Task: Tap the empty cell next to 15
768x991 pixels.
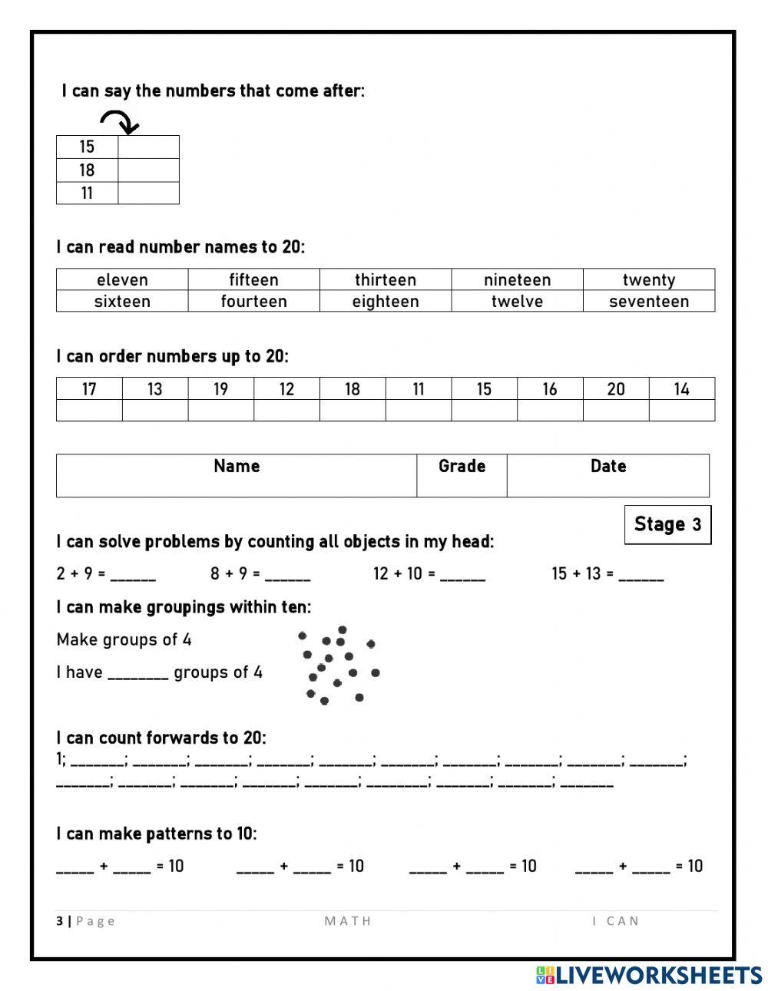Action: point(148,147)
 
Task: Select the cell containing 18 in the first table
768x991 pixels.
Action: point(87,170)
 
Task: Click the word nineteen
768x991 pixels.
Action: point(517,279)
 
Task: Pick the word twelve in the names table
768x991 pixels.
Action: point(517,301)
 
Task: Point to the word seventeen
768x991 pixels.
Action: point(649,301)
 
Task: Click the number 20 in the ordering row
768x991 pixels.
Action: point(616,389)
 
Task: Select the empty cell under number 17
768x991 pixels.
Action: point(89,410)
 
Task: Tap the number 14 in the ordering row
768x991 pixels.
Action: point(681,389)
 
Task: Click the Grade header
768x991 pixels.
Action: point(462,466)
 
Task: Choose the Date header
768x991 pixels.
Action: point(607,466)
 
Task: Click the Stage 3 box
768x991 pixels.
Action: point(667,524)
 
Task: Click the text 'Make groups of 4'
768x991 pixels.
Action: point(124,639)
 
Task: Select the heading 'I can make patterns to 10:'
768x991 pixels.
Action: point(157,834)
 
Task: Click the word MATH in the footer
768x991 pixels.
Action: point(348,921)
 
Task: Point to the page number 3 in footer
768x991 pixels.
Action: point(59,921)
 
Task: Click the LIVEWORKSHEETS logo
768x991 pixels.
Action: point(649,975)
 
